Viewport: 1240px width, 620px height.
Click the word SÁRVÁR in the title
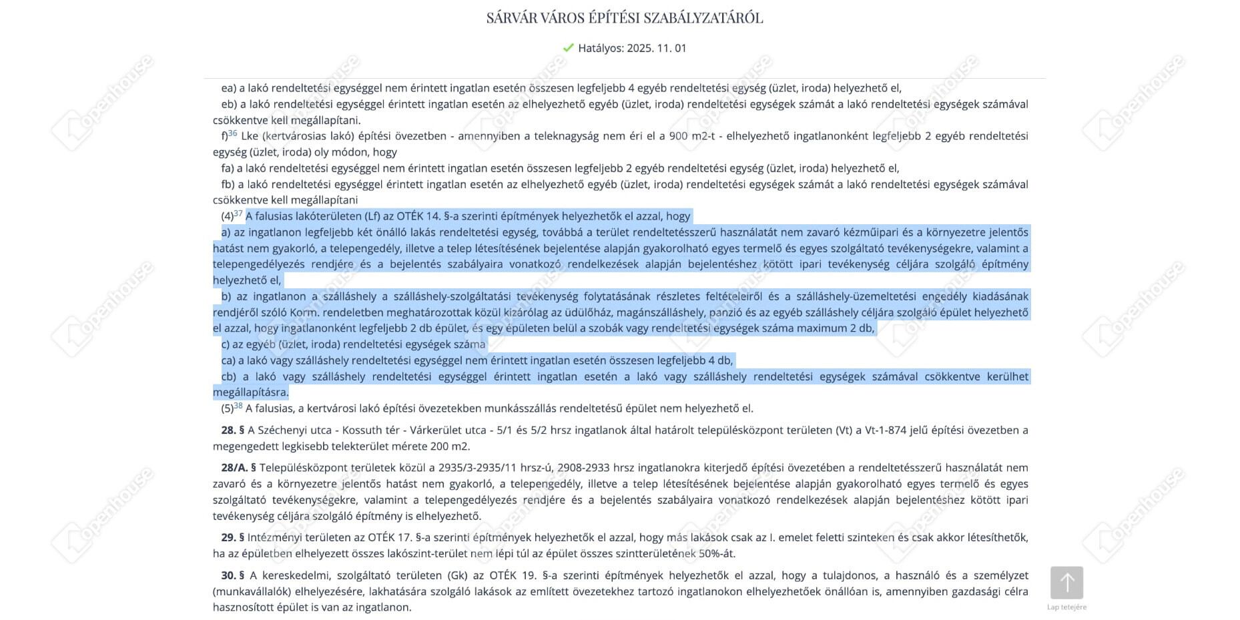[x=512, y=18]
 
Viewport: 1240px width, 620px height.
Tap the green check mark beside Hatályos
[x=569, y=48]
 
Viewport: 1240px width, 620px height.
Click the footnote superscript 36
[x=233, y=133]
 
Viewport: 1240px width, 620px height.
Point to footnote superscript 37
[x=238, y=214]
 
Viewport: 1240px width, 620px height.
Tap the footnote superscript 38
[x=238, y=406]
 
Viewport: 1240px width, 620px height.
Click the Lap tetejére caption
[x=1066, y=607]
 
